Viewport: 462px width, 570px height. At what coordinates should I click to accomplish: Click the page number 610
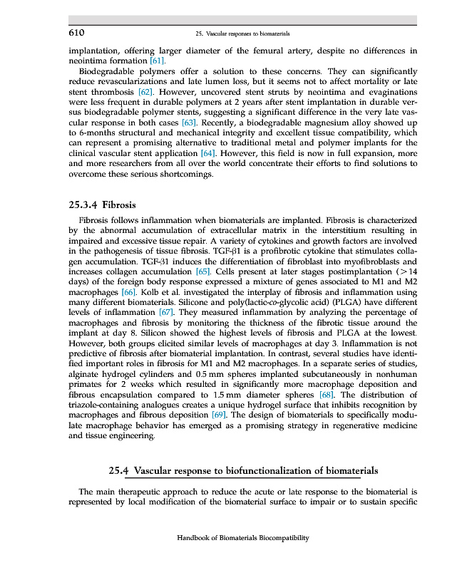point(77,33)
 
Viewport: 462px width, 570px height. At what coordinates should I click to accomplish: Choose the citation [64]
point(208,154)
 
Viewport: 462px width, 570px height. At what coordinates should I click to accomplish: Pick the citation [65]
point(202,271)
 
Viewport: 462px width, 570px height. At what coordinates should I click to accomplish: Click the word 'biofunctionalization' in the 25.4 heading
point(274,471)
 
